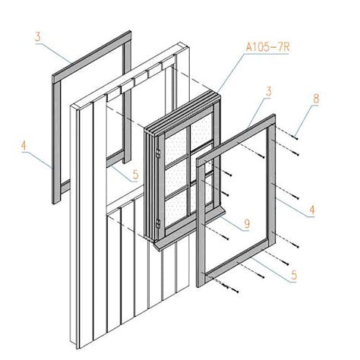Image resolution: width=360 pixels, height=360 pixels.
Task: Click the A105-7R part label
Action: tap(267, 47)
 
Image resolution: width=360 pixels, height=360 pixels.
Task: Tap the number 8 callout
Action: tap(316, 99)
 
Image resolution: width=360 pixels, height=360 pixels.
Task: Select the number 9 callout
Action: tap(247, 224)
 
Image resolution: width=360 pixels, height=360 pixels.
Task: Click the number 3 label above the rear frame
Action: tap(38, 37)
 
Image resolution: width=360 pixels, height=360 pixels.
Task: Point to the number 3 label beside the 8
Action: tap(268, 92)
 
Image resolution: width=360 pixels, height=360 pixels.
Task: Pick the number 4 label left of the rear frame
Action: tap(24, 146)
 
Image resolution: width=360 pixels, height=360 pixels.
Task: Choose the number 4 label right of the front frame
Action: tap(311, 210)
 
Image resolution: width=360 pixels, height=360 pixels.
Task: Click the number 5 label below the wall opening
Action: tap(136, 175)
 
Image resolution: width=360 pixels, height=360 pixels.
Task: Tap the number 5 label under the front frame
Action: tap(294, 275)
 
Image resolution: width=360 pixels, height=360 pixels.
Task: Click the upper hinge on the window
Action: tap(158, 153)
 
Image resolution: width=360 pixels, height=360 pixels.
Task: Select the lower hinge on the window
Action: tap(158, 224)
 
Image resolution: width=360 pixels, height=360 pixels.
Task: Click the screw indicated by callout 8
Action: tap(295, 138)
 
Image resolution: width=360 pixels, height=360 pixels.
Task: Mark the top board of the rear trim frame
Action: tap(92, 57)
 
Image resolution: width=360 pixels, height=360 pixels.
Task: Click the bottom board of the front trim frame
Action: tap(236, 261)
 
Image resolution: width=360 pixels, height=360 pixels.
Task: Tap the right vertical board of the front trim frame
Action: tap(272, 185)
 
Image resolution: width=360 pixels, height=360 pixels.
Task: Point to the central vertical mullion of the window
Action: tap(188, 173)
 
